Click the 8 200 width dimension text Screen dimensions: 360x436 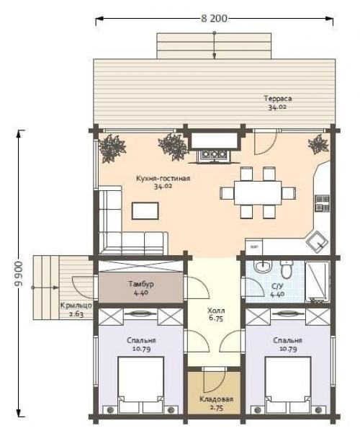214,18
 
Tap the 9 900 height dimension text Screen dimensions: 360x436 19,274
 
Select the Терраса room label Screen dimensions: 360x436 278,99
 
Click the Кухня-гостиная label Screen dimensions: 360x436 163,178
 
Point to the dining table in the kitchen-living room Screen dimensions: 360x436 258,192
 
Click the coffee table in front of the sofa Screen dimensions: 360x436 145,210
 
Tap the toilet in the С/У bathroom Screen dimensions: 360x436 286,269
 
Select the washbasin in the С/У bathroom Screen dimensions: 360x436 263,267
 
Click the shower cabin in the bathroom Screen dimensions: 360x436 318,282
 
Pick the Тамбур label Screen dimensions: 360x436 141,284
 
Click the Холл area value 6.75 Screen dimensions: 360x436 216,319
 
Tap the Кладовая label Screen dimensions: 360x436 217,399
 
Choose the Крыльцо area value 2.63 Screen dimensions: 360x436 76,314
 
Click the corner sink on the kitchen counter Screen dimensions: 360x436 318,241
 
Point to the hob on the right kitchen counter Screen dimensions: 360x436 323,203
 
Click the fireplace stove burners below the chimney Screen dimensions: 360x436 214,154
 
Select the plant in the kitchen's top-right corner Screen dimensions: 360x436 318,144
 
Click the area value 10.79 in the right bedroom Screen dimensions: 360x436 288,349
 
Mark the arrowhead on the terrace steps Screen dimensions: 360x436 214,56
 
